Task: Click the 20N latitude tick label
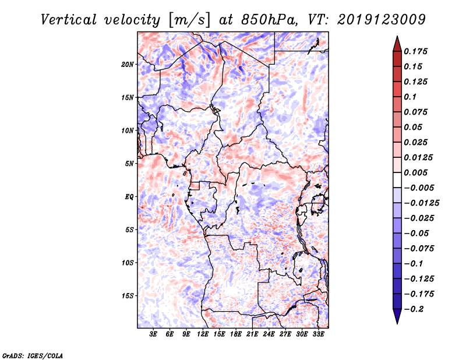click(x=128, y=64)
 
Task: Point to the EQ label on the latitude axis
click(x=129, y=196)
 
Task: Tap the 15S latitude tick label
click(x=128, y=295)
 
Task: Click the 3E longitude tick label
click(x=154, y=334)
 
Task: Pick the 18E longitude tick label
click(x=236, y=334)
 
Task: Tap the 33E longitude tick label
click(x=317, y=334)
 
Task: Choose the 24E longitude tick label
click(x=269, y=334)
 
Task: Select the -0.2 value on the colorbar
click(x=418, y=309)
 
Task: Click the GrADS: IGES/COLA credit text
click(x=33, y=354)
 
